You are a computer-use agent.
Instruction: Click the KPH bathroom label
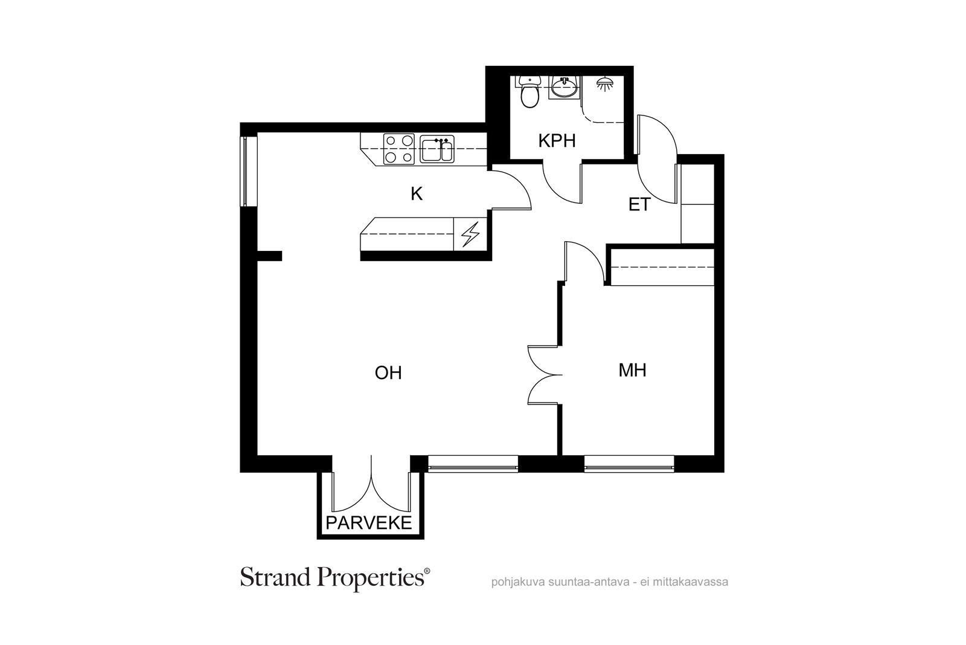pyautogui.click(x=557, y=141)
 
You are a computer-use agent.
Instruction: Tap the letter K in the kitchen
pyautogui.click(x=417, y=194)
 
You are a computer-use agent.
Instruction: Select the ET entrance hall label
pyautogui.click(x=639, y=205)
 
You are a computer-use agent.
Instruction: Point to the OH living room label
pyautogui.click(x=388, y=373)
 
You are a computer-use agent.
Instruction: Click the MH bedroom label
pyautogui.click(x=632, y=371)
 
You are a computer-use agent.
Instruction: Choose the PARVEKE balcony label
pyautogui.click(x=369, y=523)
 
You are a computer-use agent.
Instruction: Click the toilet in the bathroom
pyautogui.click(x=529, y=91)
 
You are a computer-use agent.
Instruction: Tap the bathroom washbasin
pyautogui.click(x=565, y=88)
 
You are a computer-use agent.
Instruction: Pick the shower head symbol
pyautogui.click(x=604, y=84)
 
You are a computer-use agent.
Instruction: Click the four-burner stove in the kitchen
pyautogui.click(x=399, y=149)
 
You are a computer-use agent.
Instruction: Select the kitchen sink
pyautogui.click(x=437, y=149)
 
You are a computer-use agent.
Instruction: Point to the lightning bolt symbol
pyautogui.click(x=470, y=235)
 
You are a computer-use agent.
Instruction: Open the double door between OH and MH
pyautogui.click(x=545, y=375)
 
